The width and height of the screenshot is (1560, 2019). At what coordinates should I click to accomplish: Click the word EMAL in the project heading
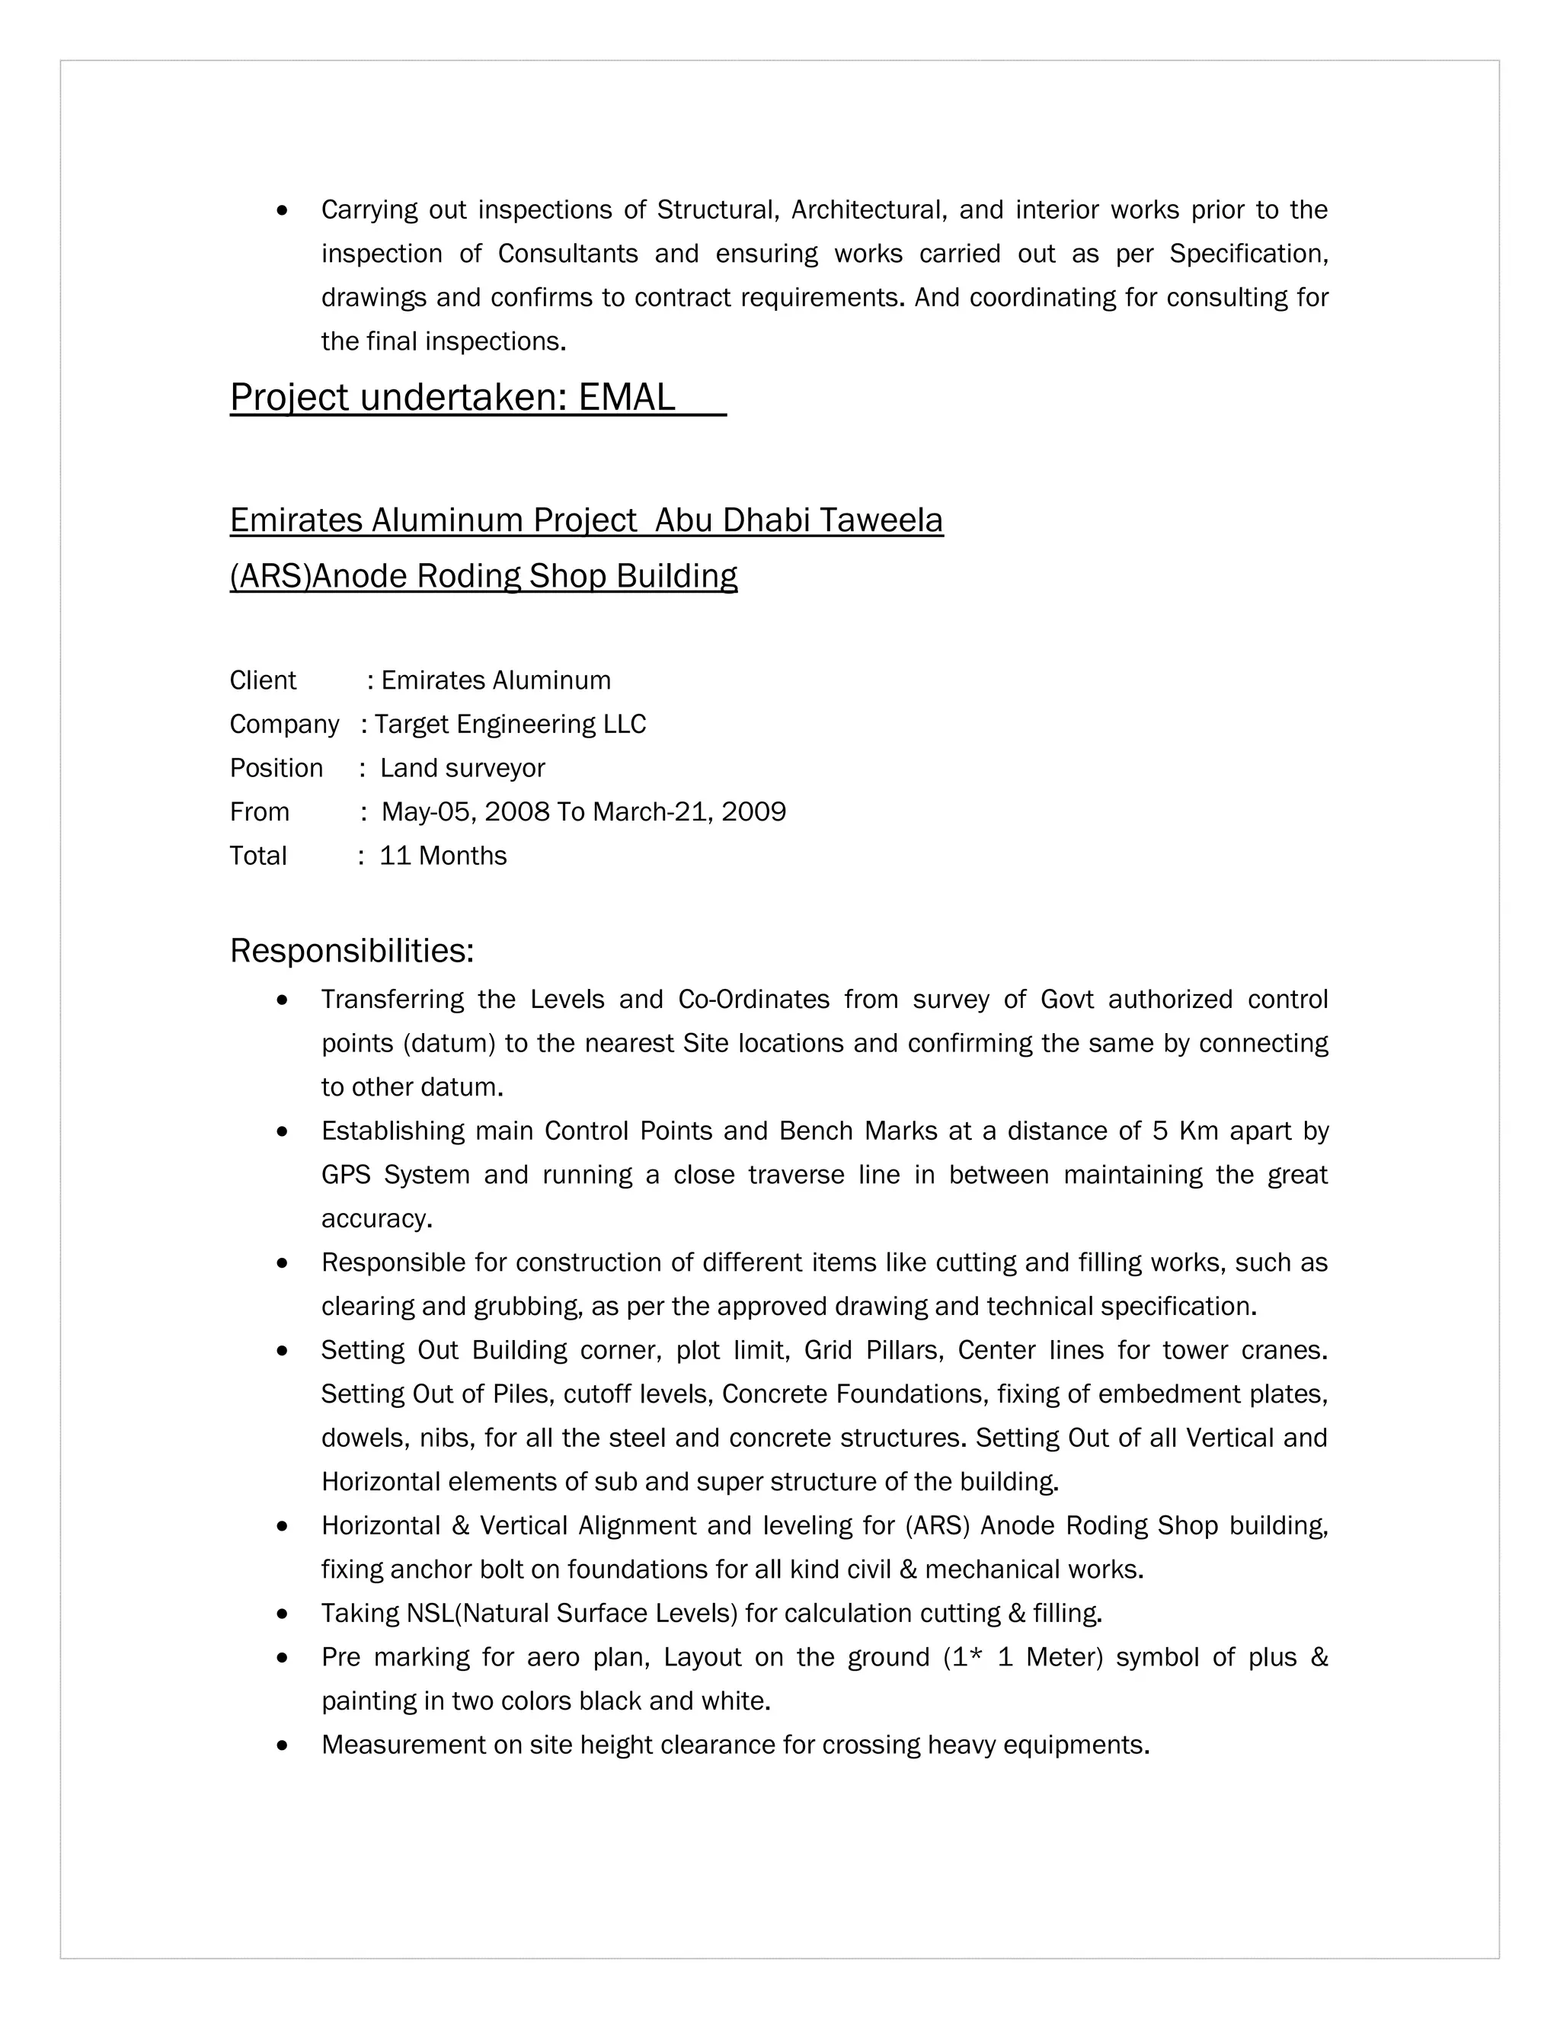627,398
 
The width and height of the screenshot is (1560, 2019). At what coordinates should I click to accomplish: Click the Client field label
263,680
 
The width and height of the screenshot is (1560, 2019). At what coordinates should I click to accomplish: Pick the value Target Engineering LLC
510,724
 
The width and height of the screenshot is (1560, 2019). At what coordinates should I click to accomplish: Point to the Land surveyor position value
463,768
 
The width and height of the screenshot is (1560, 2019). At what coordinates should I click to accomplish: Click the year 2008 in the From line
516,811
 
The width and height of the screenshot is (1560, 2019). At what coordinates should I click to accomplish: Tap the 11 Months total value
443,856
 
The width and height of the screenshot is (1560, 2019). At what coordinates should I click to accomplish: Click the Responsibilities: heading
351,950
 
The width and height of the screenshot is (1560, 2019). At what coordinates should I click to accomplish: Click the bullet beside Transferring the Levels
283,1000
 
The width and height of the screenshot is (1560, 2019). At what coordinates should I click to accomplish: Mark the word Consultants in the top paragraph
567,253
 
